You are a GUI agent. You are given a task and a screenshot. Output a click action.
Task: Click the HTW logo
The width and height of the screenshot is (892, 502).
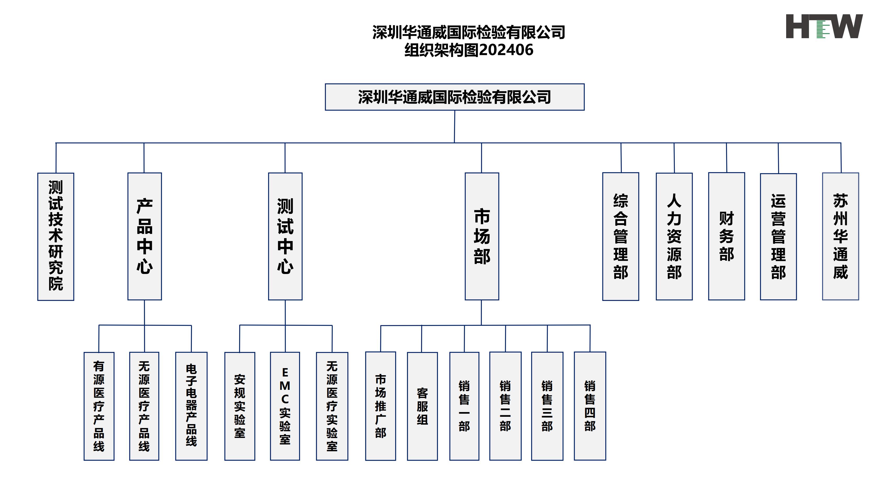(824, 26)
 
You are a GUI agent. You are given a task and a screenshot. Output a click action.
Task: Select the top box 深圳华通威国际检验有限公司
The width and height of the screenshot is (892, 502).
(454, 97)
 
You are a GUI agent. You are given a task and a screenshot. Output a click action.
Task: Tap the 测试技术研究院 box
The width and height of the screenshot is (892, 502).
(56, 236)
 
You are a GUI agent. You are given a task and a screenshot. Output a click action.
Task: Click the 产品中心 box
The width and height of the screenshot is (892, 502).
(144, 236)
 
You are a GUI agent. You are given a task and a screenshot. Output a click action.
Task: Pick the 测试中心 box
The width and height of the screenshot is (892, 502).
(285, 236)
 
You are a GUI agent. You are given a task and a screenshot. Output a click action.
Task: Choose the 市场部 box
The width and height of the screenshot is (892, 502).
(482, 236)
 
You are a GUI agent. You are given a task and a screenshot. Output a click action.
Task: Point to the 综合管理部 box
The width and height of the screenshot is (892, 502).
(620, 236)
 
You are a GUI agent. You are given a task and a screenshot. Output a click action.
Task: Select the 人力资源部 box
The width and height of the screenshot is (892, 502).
(674, 236)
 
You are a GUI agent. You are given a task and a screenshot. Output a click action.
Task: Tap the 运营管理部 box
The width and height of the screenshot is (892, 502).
(778, 236)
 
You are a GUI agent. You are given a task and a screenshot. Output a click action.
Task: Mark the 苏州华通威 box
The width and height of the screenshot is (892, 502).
(841, 236)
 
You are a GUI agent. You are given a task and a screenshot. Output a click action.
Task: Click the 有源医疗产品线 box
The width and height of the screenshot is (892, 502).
(99, 406)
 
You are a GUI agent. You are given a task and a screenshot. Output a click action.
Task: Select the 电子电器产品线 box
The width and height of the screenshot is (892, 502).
(191, 406)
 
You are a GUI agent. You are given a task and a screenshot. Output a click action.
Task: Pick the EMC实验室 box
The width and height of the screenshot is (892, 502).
(285, 406)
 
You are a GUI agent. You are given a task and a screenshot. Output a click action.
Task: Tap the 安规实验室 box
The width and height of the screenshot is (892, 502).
(240, 406)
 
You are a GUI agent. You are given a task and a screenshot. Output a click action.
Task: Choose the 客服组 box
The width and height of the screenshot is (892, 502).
(422, 406)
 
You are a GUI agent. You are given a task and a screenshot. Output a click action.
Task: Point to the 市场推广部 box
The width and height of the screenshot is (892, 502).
(381, 406)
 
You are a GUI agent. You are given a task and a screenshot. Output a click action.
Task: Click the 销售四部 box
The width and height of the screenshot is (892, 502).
(590, 406)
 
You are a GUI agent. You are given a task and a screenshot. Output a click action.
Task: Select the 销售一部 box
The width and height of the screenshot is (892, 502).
(464, 406)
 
